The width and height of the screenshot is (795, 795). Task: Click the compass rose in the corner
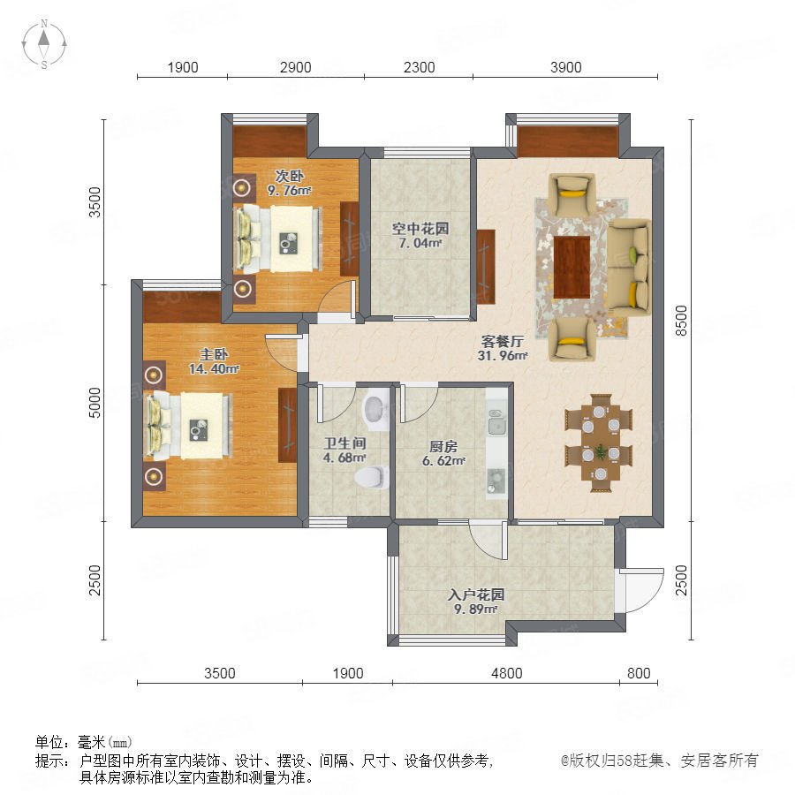pyautogui.click(x=44, y=44)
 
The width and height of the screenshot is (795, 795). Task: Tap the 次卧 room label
pyautogui.click(x=290, y=176)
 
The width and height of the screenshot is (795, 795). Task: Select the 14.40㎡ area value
pyautogui.click(x=214, y=368)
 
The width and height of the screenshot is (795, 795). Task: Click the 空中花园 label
pyautogui.click(x=420, y=229)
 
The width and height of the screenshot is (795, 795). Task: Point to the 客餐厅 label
pyautogui.click(x=502, y=341)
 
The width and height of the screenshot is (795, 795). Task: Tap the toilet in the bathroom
pyautogui.click(x=372, y=477)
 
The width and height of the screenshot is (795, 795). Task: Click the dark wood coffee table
pyautogui.click(x=572, y=267)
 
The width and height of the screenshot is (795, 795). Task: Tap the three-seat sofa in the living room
pyautogui.click(x=629, y=267)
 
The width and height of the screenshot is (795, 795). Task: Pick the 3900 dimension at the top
pyautogui.click(x=566, y=67)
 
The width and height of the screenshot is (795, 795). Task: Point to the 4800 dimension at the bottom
pyautogui.click(x=506, y=673)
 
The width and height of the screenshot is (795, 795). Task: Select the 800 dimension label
pyautogui.click(x=639, y=673)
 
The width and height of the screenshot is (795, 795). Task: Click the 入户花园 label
pyautogui.click(x=475, y=594)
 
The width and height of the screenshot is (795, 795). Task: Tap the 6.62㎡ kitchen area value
pyautogui.click(x=443, y=460)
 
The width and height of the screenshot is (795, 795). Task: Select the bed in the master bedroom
pyautogui.click(x=189, y=426)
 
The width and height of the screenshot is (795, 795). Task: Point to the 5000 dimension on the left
pyautogui.click(x=95, y=403)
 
